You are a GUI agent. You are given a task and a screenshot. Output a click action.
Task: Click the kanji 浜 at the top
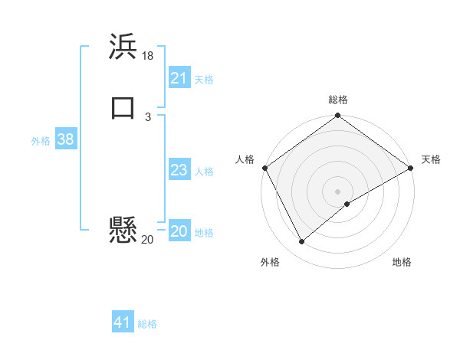click(x=123, y=46)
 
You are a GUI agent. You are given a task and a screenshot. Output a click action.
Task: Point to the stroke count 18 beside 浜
click(x=148, y=56)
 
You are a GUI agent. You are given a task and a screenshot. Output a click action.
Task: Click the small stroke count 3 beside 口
click(x=147, y=116)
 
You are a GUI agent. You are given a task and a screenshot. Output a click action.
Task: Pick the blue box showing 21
click(x=179, y=78)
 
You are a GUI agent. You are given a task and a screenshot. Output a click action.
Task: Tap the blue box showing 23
click(x=179, y=170)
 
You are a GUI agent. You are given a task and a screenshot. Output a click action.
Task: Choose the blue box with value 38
click(x=65, y=139)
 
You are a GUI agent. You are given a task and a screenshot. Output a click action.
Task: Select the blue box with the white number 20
click(x=179, y=231)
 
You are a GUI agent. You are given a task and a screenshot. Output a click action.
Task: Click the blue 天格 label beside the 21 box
click(x=204, y=80)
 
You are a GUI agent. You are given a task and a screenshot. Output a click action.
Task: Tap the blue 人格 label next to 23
click(x=204, y=172)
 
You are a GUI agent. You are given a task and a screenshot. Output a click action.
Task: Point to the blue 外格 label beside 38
click(x=41, y=141)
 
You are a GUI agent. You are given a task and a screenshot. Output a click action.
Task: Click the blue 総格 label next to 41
click(x=147, y=324)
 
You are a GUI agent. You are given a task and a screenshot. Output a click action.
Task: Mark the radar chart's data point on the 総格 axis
click(x=338, y=116)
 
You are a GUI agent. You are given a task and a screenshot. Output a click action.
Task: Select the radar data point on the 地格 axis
click(x=347, y=204)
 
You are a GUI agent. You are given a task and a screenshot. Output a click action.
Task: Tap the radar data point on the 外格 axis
click(x=301, y=242)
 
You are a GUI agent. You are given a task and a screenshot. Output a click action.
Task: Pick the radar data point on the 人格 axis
click(x=265, y=168)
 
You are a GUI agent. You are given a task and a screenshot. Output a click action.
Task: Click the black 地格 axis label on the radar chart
click(x=402, y=263)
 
